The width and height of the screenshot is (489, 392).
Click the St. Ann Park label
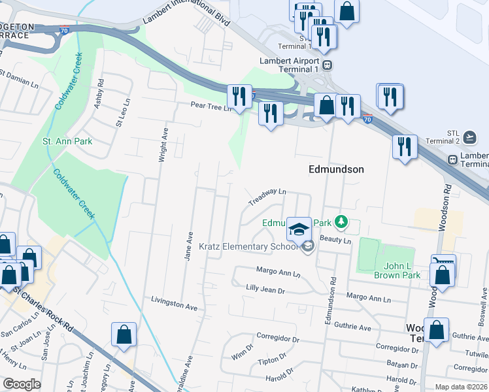(x=67, y=141)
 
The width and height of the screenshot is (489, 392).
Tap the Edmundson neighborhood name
(x=336, y=169)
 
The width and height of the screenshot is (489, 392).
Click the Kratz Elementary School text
(x=248, y=246)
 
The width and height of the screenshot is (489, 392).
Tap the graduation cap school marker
(x=299, y=230)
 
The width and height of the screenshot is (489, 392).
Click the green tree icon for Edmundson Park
(x=340, y=223)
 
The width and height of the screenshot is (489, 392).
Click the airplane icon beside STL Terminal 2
(x=469, y=137)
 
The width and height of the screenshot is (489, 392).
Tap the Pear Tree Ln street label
(x=211, y=105)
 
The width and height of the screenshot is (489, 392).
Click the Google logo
(x=22, y=384)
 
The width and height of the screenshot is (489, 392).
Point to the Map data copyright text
(x=460, y=387)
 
